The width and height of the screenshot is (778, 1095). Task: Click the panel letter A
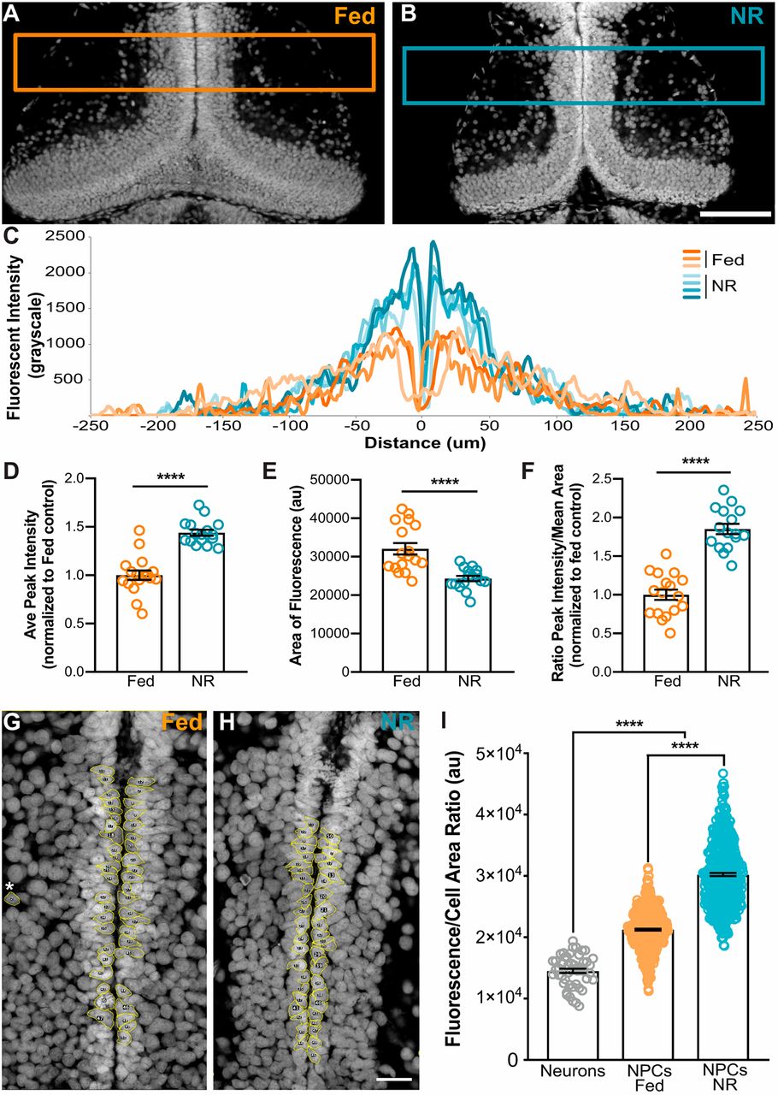pos(12,15)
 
